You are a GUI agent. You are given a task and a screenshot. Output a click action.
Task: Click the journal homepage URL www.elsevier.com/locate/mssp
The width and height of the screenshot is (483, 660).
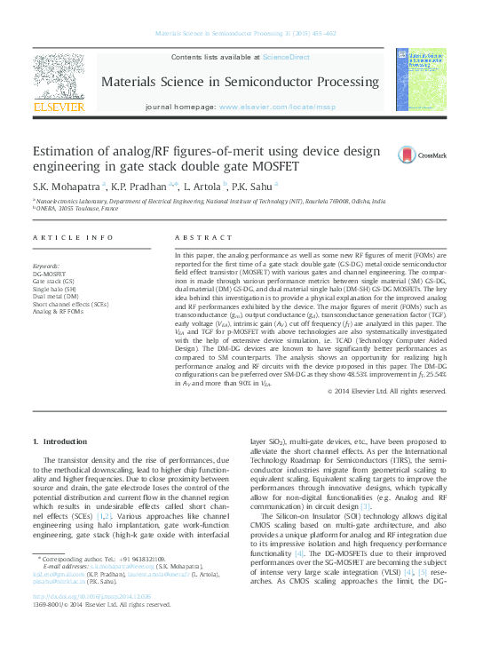click(x=277, y=106)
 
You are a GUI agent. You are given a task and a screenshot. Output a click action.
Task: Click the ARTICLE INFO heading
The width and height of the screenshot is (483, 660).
click(x=73, y=238)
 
